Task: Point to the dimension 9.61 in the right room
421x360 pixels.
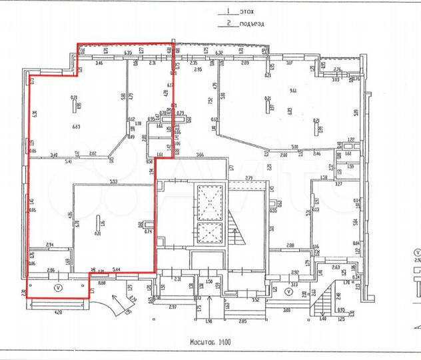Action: click(x=292, y=91)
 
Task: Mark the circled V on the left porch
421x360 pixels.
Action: click(x=57, y=288)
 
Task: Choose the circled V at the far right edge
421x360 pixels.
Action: click(x=416, y=253)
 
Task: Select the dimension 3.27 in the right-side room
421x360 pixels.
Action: click(x=338, y=183)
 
